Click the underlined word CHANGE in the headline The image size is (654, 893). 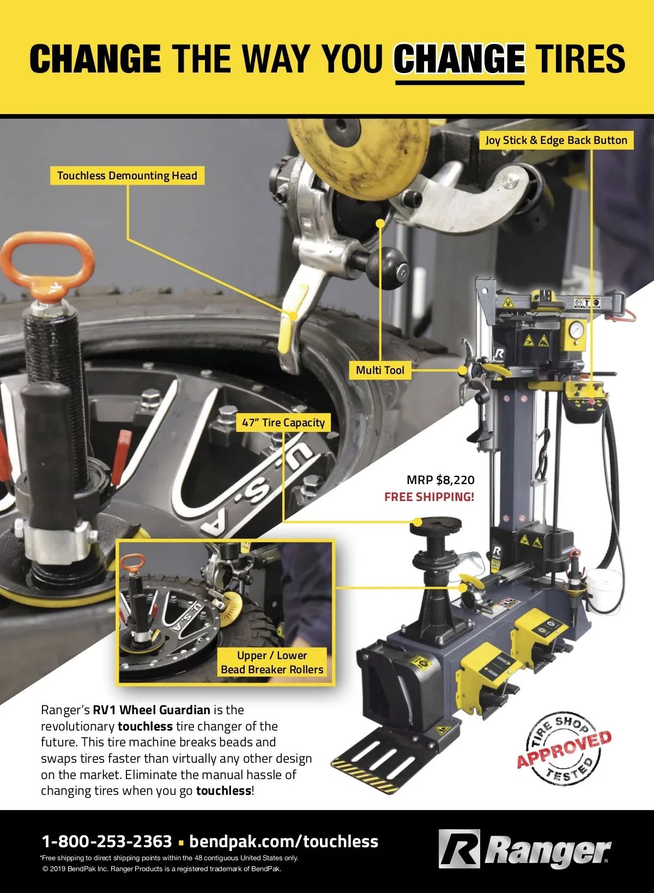(459, 58)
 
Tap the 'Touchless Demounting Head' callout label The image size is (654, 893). (127, 176)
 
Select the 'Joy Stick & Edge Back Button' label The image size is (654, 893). (556, 140)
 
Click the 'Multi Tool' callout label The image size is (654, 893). (380, 370)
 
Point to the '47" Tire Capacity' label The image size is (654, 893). (283, 423)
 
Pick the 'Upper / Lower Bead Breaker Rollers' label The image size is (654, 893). (272, 662)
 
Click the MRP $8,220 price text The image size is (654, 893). (440, 480)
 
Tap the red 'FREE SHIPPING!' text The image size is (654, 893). (429, 497)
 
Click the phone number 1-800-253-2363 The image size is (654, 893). (107, 842)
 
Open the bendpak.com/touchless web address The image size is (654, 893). (283, 842)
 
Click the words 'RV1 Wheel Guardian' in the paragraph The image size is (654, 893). (152, 710)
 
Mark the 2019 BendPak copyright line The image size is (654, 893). (162, 868)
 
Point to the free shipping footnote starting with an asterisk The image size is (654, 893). (169, 858)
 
